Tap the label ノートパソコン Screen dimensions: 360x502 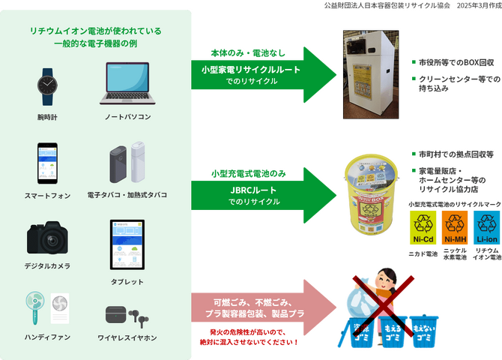(127, 118)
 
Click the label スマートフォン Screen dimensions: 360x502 (47, 195)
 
